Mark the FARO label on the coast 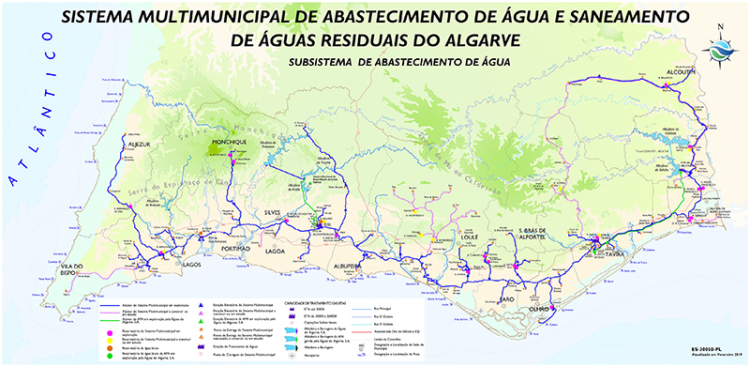[506, 298]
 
